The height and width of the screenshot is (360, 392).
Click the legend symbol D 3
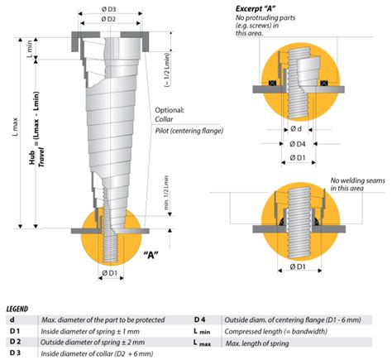point(14,353)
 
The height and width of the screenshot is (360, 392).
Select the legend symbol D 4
point(200,319)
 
